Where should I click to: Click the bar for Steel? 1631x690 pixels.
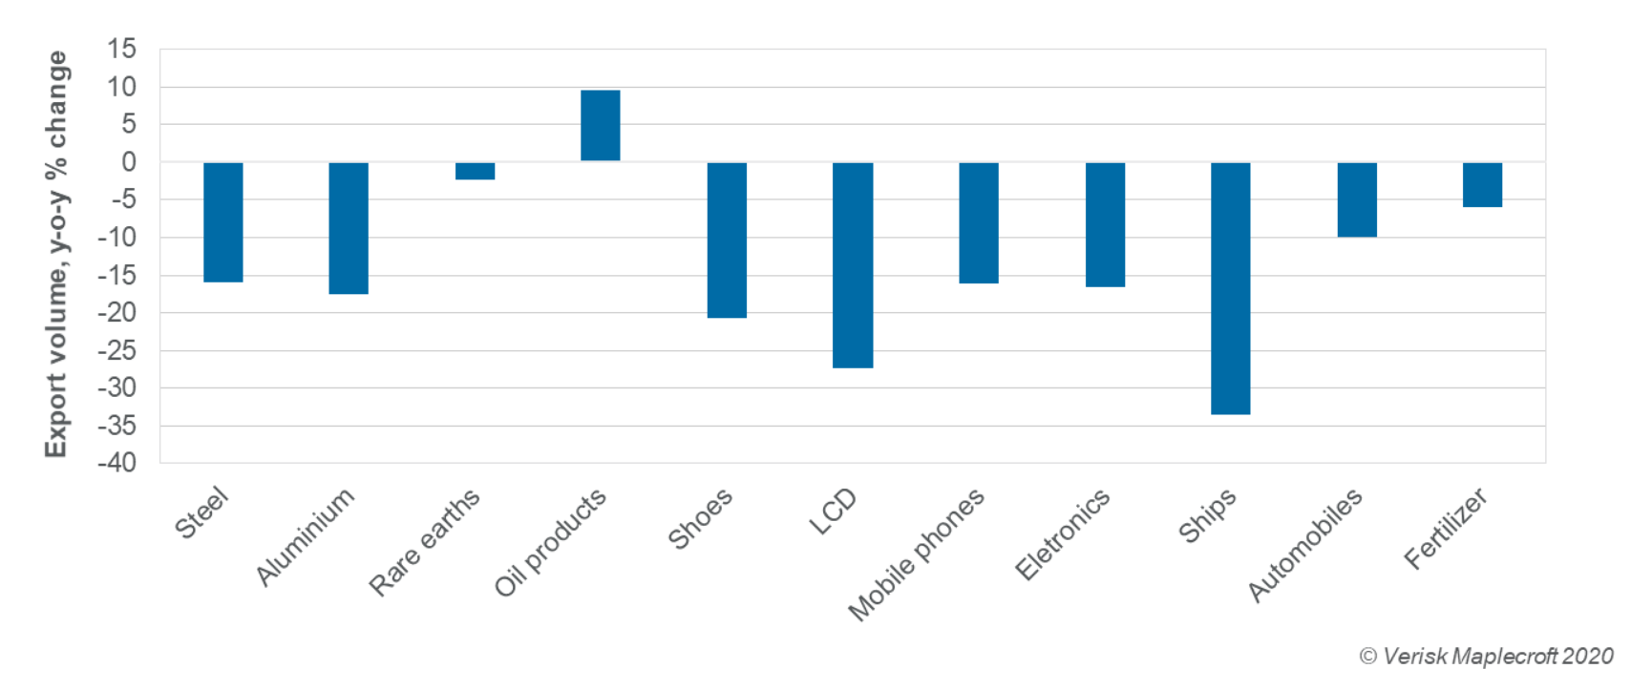pyautogui.click(x=222, y=222)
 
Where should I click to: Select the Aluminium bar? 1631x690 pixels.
pyautogui.click(x=349, y=228)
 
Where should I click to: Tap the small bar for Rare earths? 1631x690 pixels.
pyautogui.click(x=475, y=171)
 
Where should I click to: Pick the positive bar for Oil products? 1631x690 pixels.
pyautogui.click(x=600, y=125)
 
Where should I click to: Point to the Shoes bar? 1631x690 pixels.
pyautogui.click(x=727, y=240)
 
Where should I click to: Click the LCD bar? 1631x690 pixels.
pyautogui.click(x=853, y=264)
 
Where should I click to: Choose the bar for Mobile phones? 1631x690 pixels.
pyautogui.click(x=979, y=222)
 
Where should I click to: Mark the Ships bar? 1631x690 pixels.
pyautogui.click(x=1230, y=288)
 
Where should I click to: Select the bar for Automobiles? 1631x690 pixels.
pyautogui.click(x=1357, y=199)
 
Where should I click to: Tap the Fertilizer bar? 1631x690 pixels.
pyautogui.click(x=1482, y=184)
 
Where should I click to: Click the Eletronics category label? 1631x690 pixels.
pyautogui.click(x=1063, y=533)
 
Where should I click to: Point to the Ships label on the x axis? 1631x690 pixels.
pyautogui.click(x=1208, y=515)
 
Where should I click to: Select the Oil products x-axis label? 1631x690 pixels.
pyautogui.click(x=550, y=541)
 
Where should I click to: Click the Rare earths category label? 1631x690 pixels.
pyautogui.click(x=425, y=540)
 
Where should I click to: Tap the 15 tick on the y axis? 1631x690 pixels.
pyautogui.click(x=122, y=49)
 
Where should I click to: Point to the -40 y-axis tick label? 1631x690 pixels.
pyautogui.click(x=116, y=463)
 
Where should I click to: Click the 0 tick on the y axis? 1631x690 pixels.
pyautogui.click(x=129, y=162)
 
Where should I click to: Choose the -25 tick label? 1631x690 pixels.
pyautogui.click(x=116, y=350)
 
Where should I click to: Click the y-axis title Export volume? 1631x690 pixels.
pyautogui.click(x=56, y=254)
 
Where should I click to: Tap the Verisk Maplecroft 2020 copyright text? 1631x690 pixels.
pyautogui.click(x=1486, y=657)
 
